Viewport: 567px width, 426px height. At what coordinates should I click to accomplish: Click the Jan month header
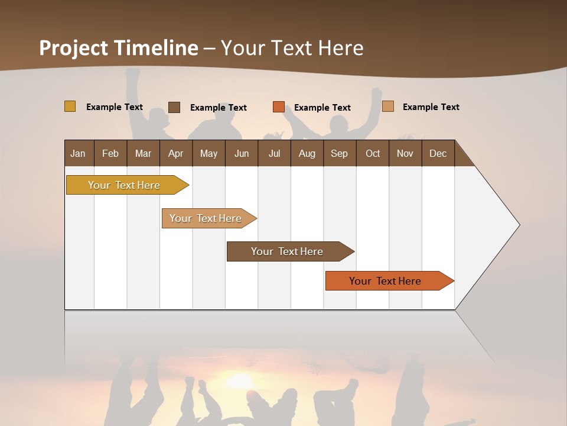point(79,153)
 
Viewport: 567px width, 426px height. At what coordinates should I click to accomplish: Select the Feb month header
point(110,153)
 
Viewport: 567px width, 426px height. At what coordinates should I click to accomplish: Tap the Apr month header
point(176,153)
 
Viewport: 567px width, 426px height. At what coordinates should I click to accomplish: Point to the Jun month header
point(242,153)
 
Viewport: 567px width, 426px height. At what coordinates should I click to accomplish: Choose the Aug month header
point(307,153)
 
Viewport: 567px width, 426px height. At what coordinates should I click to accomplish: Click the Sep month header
point(340,153)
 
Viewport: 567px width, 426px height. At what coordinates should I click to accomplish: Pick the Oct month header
point(373,153)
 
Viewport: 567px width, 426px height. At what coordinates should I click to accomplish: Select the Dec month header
point(438,153)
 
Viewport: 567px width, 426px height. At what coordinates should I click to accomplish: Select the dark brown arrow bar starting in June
point(288,251)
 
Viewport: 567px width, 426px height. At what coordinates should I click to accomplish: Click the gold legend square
point(70,106)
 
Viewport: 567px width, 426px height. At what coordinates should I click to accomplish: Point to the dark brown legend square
point(174,107)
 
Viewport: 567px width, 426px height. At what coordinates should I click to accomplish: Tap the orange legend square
point(279,107)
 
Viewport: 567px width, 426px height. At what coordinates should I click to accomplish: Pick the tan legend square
point(388,106)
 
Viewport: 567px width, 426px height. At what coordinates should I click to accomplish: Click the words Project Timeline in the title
point(119,48)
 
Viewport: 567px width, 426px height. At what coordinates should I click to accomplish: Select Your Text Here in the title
point(292,48)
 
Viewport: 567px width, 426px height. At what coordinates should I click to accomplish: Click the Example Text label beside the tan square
point(431,107)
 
